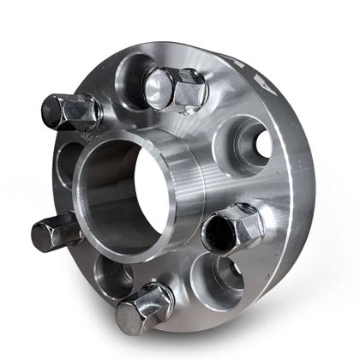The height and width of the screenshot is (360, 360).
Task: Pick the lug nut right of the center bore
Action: (x=233, y=227)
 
